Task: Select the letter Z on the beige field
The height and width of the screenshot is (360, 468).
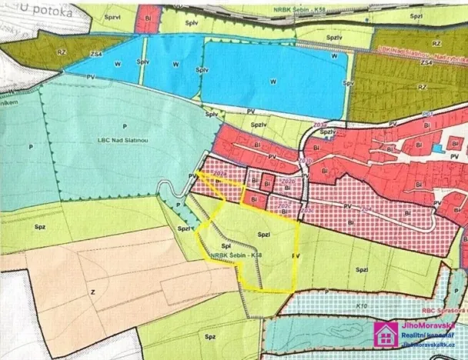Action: [92, 293]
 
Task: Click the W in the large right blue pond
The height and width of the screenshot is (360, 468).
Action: [272, 80]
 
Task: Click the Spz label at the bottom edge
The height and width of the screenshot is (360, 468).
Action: [209, 336]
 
